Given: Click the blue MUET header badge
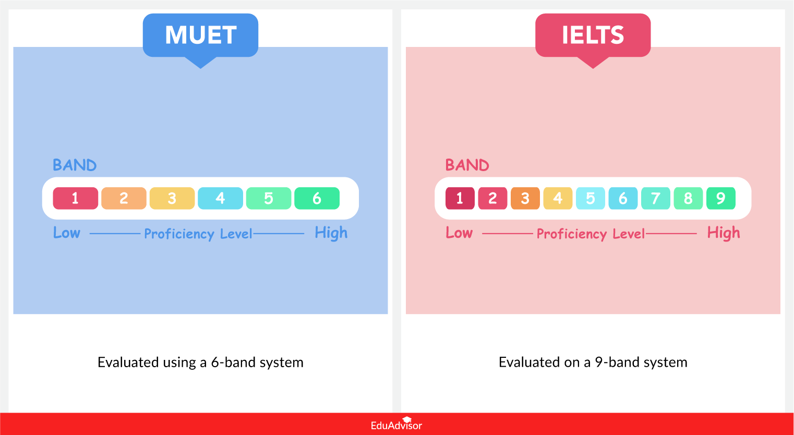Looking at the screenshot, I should [x=200, y=35].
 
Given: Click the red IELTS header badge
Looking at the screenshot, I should [x=593, y=35].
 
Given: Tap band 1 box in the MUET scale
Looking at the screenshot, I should [x=76, y=198].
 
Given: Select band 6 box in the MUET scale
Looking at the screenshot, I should [x=317, y=198].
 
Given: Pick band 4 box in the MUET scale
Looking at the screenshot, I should [x=220, y=198].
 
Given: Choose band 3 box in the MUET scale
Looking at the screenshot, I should [x=172, y=198].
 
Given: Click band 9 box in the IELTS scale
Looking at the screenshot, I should [x=720, y=198].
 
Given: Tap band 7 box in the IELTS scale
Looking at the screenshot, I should [x=655, y=198].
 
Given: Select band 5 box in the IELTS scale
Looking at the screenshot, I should [x=590, y=198].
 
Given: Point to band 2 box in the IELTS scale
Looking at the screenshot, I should [x=492, y=198].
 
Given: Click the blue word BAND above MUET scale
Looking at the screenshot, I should [x=75, y=165].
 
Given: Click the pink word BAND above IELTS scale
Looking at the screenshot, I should [x=467, y=165].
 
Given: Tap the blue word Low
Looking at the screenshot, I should [x=67, y=233].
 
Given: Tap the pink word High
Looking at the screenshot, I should [x=723, y=233].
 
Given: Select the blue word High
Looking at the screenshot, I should [x=331, y=233].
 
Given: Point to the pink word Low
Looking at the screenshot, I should [x=459, y=233].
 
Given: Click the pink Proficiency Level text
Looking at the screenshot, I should [x=591, y=234].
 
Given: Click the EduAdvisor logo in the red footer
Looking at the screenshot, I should [x=396, y=425].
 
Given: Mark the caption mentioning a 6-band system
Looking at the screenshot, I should [x=200, y=362].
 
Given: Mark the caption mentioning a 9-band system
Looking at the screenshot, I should [x=593, y=362].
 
